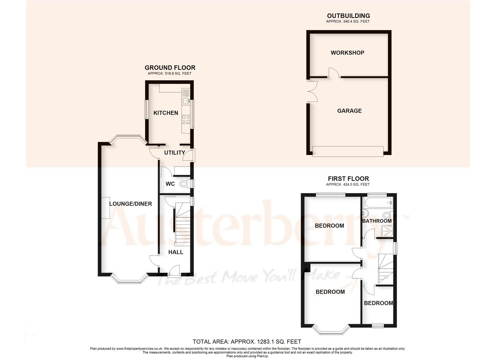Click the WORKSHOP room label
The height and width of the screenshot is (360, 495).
[347, 53]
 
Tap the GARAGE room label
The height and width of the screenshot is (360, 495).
[349, 111]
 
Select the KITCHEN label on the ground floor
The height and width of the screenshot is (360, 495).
[166, 113]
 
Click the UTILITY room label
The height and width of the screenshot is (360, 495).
[175, 153]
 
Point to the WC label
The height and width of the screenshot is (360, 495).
[170, 184]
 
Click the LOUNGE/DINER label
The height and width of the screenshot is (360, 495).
[131, 204]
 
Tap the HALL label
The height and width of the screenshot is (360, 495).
[176, 252]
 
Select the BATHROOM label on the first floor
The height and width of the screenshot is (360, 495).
[377, 221]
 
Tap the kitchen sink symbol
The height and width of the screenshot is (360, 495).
[186, 100]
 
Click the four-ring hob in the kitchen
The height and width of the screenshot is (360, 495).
[186, 119]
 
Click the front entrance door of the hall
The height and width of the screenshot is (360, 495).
[174, 271]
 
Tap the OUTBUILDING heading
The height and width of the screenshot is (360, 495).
[348, 16]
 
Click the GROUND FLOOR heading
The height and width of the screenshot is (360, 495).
[170, 68]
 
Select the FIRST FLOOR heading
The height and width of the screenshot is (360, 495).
[348, 179]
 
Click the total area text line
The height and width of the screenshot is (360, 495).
[247, 341]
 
